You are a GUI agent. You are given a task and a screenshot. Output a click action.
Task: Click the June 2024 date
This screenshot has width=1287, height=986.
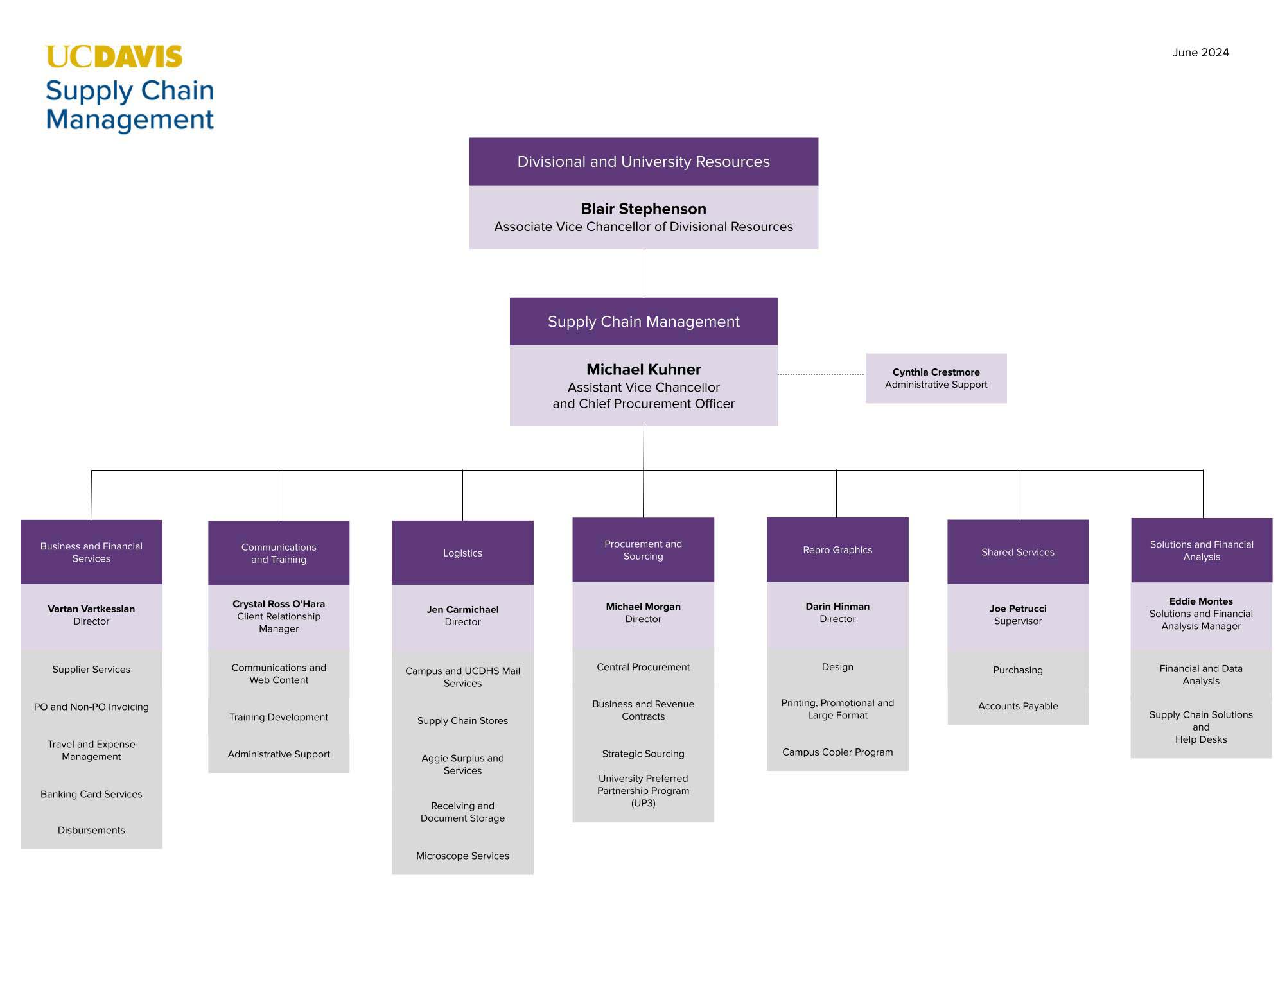pyautogui.click(x=1200, y=53)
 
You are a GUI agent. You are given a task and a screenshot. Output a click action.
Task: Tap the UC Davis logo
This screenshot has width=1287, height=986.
pyautogui.click(x=114, y=56)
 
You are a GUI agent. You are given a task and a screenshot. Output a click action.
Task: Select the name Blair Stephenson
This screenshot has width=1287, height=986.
pyautogui.click(x=643, y=209)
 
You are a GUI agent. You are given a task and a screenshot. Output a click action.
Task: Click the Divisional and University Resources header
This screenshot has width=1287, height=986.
pyautogui.click(x=643, y=162)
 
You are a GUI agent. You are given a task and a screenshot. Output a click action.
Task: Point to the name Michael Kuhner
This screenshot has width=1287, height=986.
pyautogui.click(x=643, y=369)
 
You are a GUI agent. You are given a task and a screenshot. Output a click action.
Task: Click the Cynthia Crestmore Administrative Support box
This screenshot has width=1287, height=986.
pyautogui.click(x=935, y=378)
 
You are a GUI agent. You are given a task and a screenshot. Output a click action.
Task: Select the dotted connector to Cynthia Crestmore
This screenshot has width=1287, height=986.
pyautogui.click(x=821, y=374)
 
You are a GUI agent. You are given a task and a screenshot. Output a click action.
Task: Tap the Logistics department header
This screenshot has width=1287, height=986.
pyautogui.click(x=462, y=553)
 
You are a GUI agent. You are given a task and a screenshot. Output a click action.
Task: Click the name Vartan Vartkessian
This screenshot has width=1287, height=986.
pyautogui.click(x=91, y=609)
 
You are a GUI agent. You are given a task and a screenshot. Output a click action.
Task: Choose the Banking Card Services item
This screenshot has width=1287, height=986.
pyautogui.click(x=91, y=794)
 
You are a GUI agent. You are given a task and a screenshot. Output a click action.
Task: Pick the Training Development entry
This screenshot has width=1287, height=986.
pyautogui.click(x=278, y=717)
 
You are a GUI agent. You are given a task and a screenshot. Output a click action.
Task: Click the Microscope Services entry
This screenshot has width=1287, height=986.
pyautogui.click(x=462, y=856)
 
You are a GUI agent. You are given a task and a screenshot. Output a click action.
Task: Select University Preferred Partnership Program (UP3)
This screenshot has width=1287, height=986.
pyautogui.click(x=643, y=790)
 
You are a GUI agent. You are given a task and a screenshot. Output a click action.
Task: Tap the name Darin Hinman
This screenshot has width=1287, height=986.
pyautogui.click(x=837, y=606)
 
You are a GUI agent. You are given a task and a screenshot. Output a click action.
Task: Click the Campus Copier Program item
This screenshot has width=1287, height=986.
pyautogui.click(x=837, y=752)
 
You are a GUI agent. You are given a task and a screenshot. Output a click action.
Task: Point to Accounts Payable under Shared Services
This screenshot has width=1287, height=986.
pyautogui.click(x=1017, y=705)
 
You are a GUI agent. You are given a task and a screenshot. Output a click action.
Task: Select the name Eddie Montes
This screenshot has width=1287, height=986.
pyautogui.click(x=1200, y=601)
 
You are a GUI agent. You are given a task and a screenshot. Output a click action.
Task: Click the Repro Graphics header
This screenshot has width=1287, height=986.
pyautogui.click(x=837, y=549)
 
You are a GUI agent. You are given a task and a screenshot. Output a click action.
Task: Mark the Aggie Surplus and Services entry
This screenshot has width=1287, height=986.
pyautogui.click(x=462, y=764)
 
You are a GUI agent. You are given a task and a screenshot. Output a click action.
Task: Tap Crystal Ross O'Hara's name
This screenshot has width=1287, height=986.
pyautogui.click(x=278, y=603)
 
